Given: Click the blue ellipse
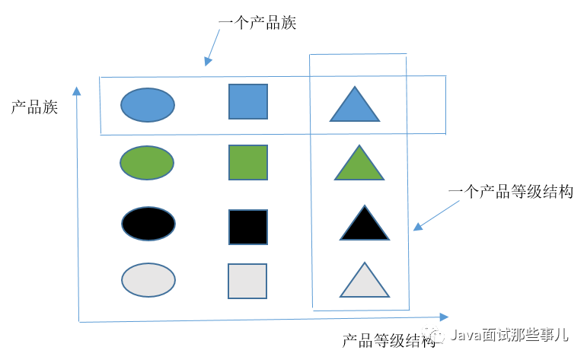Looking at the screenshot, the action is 148,105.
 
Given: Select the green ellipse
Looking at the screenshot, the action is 147,162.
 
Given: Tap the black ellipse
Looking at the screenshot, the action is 148,222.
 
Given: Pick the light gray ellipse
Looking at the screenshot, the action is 148,280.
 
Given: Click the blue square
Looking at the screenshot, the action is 248,101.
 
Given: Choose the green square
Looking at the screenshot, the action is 248,162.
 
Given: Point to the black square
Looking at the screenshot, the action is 248,227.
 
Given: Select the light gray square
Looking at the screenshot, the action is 247,281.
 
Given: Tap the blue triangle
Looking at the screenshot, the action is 354,107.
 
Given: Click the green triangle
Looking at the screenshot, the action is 359,166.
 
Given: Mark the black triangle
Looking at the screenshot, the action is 365,226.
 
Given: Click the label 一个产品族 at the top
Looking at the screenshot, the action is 257,23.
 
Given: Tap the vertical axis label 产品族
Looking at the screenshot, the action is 34,107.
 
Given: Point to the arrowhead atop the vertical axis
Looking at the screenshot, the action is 76,91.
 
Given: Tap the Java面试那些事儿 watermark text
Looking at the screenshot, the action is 509,334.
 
